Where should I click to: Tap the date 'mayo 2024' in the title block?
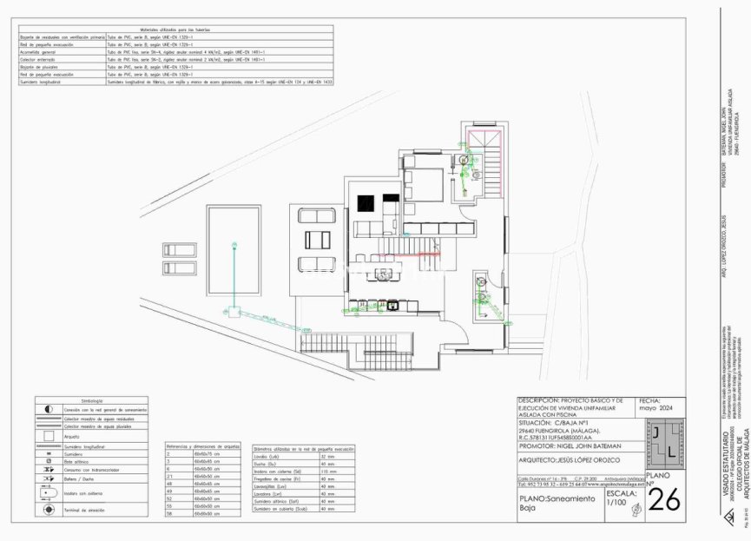pyautogui.click(x=656, y=406)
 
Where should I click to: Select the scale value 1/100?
pyautogui.click(x=615, y=501)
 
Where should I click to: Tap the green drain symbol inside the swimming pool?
pyautogui.click(x=233, y=247)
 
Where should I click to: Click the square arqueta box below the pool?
pyautogui.click(x=233, y=313)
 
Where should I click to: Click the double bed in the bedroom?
pyautogui.click(x=423, y=186)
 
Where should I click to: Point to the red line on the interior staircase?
pyautogui.click(x=430, y=254)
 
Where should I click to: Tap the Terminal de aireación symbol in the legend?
pyautogui.click(x=49, y=511)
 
